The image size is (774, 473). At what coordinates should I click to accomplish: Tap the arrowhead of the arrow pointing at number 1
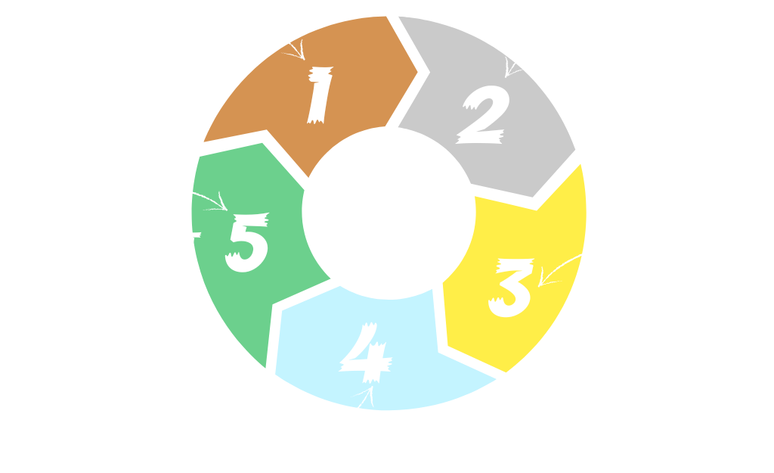coord(301,56)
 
